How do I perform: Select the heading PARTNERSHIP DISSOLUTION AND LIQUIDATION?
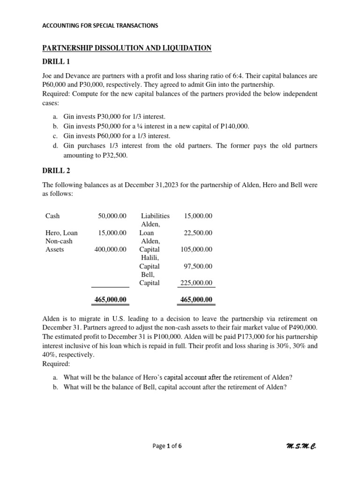(127, 48)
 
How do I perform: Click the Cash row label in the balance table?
(52, 216)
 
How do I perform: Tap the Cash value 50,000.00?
(112, 216)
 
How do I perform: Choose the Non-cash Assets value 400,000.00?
(111, 249)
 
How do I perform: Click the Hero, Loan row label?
(61, 233)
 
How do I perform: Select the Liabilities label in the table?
(155, 216)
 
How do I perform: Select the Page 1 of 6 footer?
(167, 446)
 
